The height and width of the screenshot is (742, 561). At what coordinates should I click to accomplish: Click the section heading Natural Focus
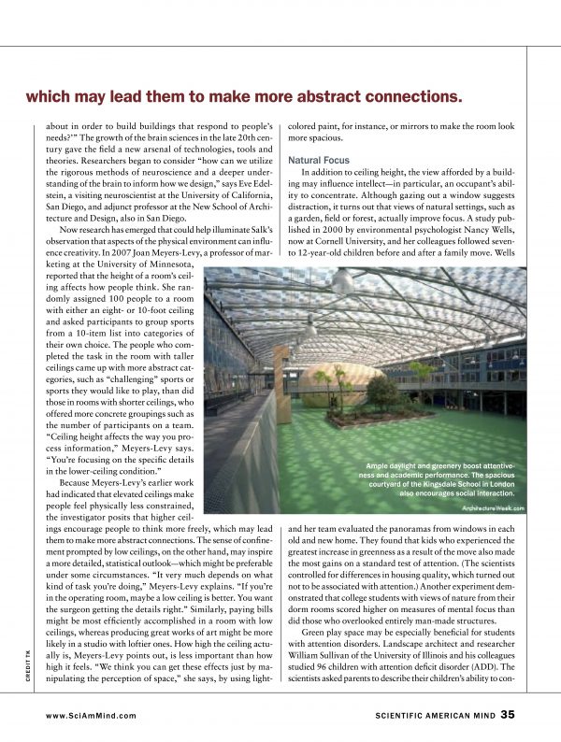point(318,161)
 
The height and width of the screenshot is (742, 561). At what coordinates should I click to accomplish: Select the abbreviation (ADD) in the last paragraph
point(496,665)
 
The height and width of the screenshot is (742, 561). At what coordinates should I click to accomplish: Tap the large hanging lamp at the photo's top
point(342,282)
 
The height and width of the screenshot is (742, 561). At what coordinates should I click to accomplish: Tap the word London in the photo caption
point(510,485)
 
